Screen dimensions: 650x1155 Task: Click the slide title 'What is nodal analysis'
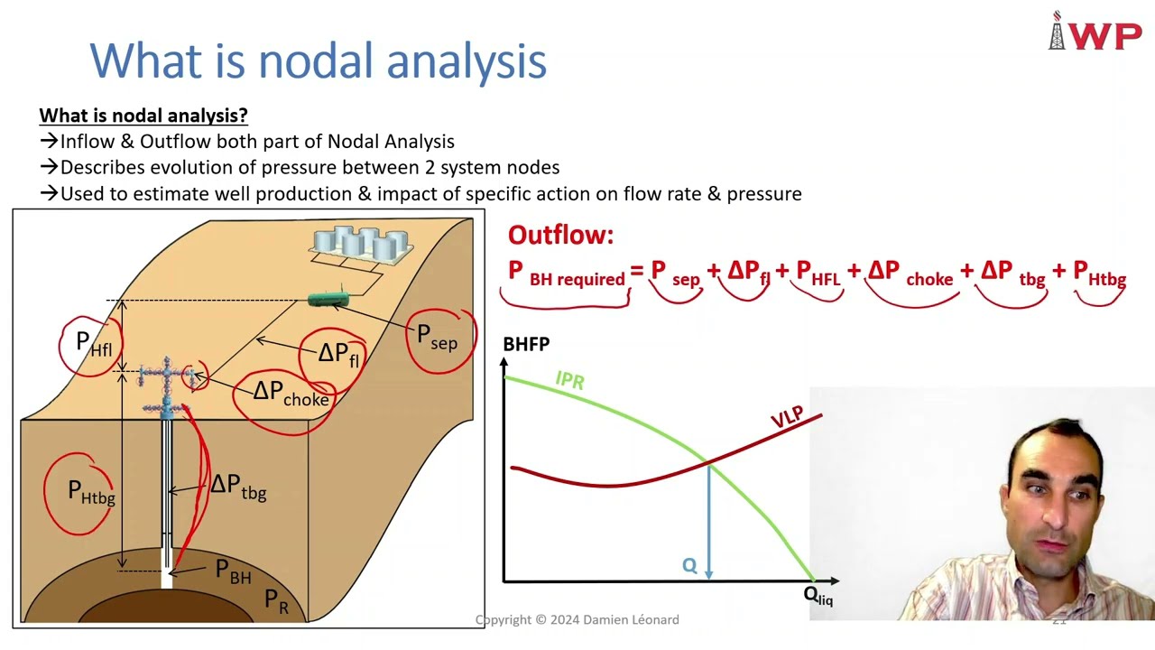pos(318,61)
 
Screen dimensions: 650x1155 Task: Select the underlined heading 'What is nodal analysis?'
pos(143,116)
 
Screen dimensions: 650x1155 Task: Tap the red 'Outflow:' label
pos(560,236)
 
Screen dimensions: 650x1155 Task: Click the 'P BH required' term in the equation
pos(566,274)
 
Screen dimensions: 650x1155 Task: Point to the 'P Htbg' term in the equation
pos(1099,274)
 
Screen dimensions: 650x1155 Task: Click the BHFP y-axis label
pos(526,344)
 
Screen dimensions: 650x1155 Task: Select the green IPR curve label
pos(569,380)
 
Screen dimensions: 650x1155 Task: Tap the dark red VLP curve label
pos(787,417)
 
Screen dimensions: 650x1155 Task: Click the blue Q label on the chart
pos(689,566)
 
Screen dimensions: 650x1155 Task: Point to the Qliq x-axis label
pos(818,596)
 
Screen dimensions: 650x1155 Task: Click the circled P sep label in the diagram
pos(438,338)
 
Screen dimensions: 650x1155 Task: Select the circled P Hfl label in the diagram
pos(94,344)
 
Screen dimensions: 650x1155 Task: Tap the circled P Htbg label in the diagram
pos(91,492)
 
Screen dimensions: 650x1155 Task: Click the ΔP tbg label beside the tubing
pos(238,487)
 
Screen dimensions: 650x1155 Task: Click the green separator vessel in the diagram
pos(328,299)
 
